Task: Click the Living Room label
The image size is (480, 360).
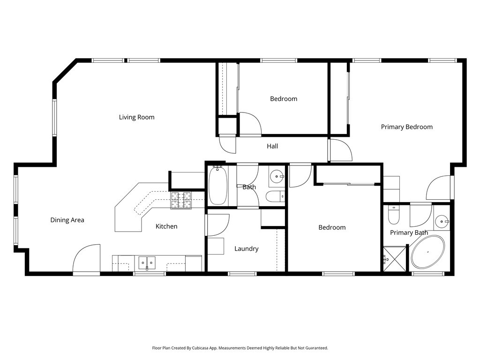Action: (x=136, y=117)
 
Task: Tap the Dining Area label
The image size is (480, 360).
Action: (x=67, y=220)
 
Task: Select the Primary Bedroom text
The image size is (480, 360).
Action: (x=406, y=127)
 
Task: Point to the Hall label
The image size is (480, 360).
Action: (x=272, y=146)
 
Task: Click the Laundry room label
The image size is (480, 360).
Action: (x=246, y=249)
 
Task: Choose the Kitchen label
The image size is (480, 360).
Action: (x=166, y=226)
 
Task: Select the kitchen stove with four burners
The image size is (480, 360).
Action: (x=181, y=201)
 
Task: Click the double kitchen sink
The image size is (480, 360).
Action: (x=147, y=262)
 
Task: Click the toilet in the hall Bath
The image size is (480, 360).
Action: (x=273, y=196)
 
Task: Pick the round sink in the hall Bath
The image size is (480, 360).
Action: (x=277, y=177)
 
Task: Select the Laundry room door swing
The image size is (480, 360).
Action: (x=217, y=225)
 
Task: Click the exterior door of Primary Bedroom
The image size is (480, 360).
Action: (x=440, y=188)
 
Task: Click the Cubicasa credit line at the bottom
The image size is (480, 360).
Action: (x=240, y=348)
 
